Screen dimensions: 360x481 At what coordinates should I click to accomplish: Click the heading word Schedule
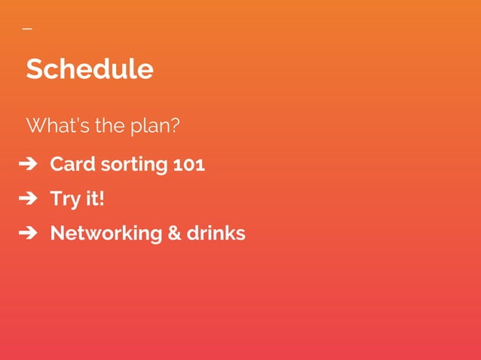coord(90,69)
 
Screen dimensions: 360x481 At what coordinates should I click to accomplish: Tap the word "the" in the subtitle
coord(110,125)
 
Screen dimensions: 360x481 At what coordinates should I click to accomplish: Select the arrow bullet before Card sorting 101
coord(28,164)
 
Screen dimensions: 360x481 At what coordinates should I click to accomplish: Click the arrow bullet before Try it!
coord(28,200)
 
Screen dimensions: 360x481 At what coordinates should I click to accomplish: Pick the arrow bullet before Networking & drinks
coord(28,233)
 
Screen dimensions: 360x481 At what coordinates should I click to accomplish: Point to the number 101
coord(189,164)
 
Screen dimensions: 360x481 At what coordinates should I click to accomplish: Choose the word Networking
coord(105,233)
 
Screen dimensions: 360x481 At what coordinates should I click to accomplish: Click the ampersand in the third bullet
coord(173,233)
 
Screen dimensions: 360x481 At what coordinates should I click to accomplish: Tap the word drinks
coord(216,233)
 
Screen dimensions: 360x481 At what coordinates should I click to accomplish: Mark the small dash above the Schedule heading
coord(27,29)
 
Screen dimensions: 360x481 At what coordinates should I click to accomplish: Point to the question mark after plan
coord(176,125)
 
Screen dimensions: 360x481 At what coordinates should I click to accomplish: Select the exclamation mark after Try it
coord(102,199)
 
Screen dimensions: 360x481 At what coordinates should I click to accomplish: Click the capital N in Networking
coord(57,233)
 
